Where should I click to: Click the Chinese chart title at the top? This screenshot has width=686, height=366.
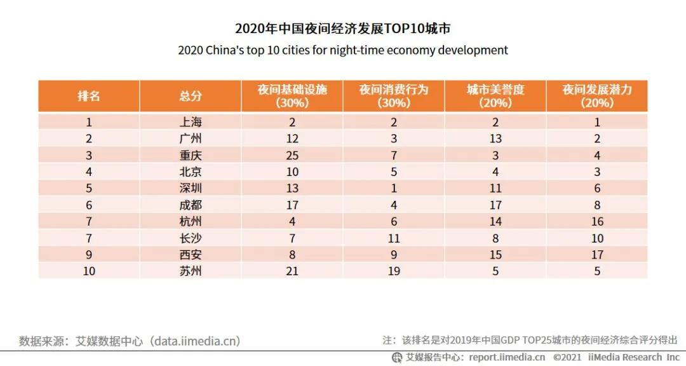[343, 29]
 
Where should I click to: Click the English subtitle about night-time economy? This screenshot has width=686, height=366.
[343, 50]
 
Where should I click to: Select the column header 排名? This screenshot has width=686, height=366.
[89, 96]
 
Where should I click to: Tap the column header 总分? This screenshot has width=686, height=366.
[191, 96]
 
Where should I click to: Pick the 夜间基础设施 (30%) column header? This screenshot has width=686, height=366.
[292, 96]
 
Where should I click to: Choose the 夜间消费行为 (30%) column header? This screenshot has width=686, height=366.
[394, 96]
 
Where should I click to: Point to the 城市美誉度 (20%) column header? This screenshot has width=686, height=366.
[495, 96]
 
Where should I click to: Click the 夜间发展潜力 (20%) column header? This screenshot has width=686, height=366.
[597, 96]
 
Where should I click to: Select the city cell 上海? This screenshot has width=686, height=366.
[191, 123]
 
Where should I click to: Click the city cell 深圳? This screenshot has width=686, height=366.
[191, 189]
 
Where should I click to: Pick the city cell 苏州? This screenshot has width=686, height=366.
[191, 271]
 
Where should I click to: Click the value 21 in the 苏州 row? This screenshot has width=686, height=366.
[292, 271]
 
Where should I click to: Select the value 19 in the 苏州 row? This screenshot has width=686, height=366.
[394, 271]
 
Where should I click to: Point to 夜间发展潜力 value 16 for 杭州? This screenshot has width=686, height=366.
[597, 222]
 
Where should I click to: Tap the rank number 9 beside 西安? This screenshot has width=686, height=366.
[89, 255]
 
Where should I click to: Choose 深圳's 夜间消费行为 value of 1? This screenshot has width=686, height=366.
[394, 189]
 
